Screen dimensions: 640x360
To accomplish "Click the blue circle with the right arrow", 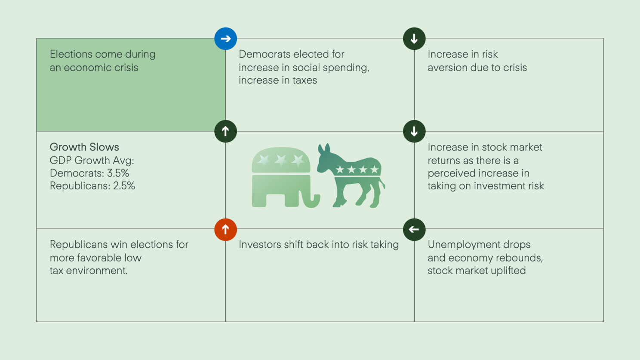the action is tap(225, 39).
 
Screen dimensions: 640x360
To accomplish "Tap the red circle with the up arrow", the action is tap(225, 229).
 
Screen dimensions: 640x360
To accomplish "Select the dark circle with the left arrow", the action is tap(414, 229).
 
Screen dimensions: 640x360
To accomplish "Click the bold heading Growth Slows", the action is tap(84, 147).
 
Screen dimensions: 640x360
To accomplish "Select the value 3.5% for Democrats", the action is tap(118, 173).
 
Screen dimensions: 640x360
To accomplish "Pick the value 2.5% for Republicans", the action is tap(124, 186).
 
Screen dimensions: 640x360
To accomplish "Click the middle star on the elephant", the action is tap(281, 160).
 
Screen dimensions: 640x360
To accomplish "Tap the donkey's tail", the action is tap(382, 183).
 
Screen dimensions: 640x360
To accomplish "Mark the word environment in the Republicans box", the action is tap(97, 271).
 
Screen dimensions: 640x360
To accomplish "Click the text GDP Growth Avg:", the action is tap(92, 160).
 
